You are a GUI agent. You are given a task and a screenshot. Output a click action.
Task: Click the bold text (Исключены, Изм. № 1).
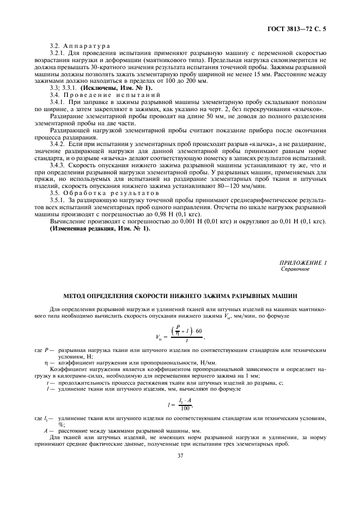[x=116, y=88]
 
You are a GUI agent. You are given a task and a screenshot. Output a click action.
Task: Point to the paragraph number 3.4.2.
[x=58, y=143]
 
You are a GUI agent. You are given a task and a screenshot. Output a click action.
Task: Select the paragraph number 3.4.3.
[x=58, y=164]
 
